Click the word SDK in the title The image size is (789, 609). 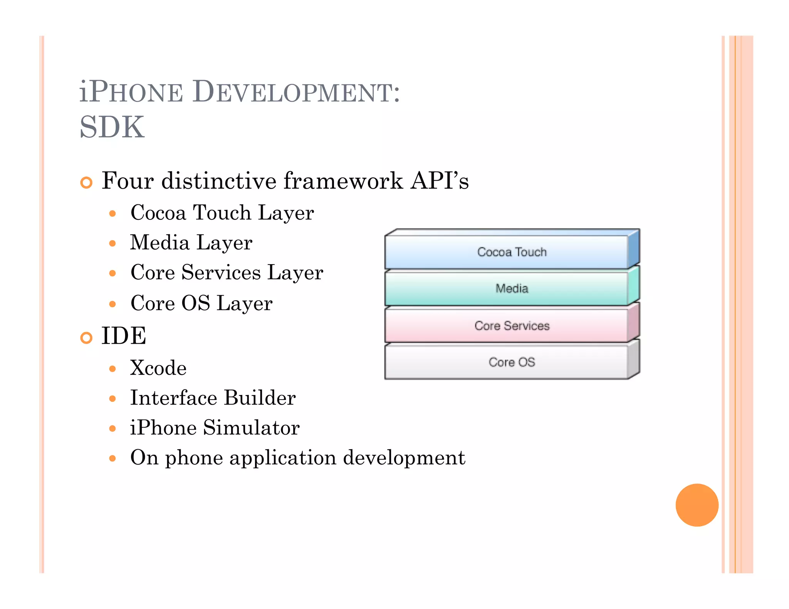pyautogui.click(x=112, y=127)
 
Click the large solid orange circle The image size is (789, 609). pyautogui.click(x=697, y=505)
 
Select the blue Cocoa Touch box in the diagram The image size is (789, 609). pyautogui.click(x=507, y=252)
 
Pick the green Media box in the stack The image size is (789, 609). pyautogui.click(x=507, y=289)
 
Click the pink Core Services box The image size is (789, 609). pyautogui.click(x=507, y=326)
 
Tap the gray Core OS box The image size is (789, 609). pyautogui.click(x=507, y=362)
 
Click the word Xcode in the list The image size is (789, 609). pyautogui.click(x=158, y=368)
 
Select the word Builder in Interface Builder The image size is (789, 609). pyautogui.click(x=260, y=398)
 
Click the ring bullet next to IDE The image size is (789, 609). pyautogui.click(x=86, y=338)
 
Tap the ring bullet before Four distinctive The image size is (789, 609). pyautogui.click(x=86, y=182)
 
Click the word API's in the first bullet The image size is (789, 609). pyautogui.click(x=439, y=181)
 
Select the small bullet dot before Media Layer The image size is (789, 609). pyautogui.click(x=112, y=243)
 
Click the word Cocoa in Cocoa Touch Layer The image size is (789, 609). pyautogui.click(x=158, y=212)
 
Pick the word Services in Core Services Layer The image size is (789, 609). pyautogui.click(x=221, y=273)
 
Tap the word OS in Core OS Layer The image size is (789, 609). pyautogui.click(x=195, y=303)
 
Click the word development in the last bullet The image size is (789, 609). pyautogui.click(x=404, y=458)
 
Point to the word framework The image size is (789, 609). pyautogui.click(x=343, y=181)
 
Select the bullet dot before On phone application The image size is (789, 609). pyautogui.click(x=112, y=458)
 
